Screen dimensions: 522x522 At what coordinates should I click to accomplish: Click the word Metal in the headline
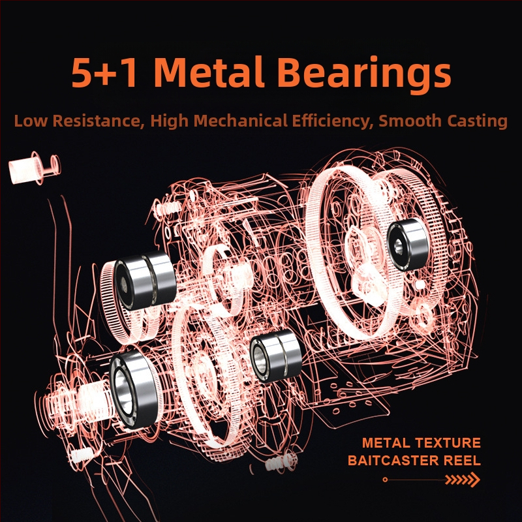click(209, 72)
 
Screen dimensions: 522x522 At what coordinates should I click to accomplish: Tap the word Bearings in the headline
click(364, 75)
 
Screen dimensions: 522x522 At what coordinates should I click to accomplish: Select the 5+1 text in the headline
click(105, 72)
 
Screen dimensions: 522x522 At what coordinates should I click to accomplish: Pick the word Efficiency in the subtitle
click(333, 121)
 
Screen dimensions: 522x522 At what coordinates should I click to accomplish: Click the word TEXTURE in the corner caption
click(447, 443)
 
